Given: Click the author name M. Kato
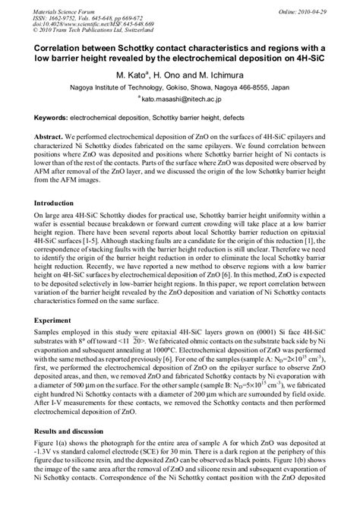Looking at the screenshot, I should pos(128,77).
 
